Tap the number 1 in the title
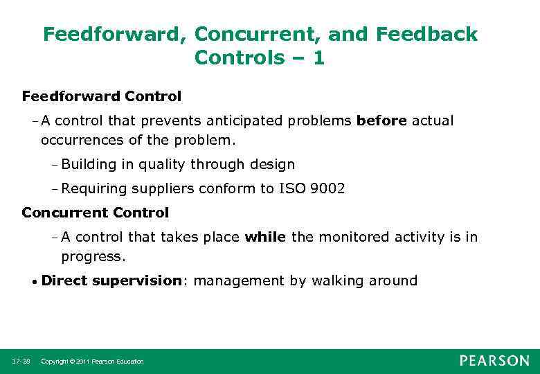318,58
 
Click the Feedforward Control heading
101,96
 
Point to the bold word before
381,121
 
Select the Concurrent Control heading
95,212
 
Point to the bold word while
265,237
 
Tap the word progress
92,257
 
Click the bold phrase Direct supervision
111,280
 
